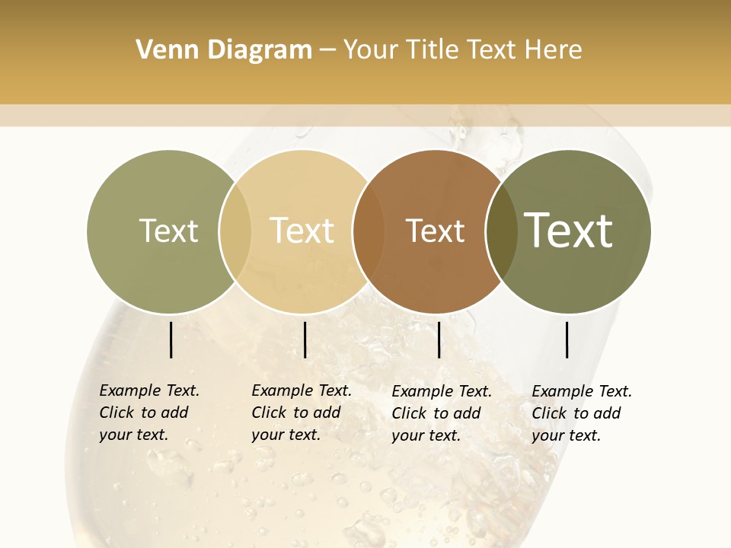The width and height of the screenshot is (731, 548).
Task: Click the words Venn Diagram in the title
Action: pyautogui.click(x=224, y=50)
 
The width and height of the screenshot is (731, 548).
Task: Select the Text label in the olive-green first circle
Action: pyautogui.click(x=168, y=231)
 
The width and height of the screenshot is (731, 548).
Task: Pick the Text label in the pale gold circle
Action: pyautogui.click(x=302, y=231)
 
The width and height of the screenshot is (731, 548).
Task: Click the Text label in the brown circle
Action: pyautogui.click(x=435, y=231)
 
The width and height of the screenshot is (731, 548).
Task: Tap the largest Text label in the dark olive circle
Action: pyautogui.click(x=569, y=230)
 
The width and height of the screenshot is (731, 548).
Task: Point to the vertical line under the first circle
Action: pyautogui.click(x=171, y=339)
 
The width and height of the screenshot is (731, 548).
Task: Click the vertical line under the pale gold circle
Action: pyautogui.click(x=305, y=339)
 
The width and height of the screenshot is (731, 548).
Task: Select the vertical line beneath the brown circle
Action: pyautogui.click(x=439, y=339)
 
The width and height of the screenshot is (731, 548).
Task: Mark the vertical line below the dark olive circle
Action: pyautogui.click(x=567, y=339)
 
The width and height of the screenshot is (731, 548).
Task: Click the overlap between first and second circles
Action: pyautogui.click(x=235, y=231)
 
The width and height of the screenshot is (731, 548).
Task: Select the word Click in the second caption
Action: pyautogui.click(x=271, y=413)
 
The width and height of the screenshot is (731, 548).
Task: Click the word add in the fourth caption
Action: pyautogui.click(x=607, y=413)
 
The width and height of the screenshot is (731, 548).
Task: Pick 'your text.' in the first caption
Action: pyautogui.click(x=133, y=435)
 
